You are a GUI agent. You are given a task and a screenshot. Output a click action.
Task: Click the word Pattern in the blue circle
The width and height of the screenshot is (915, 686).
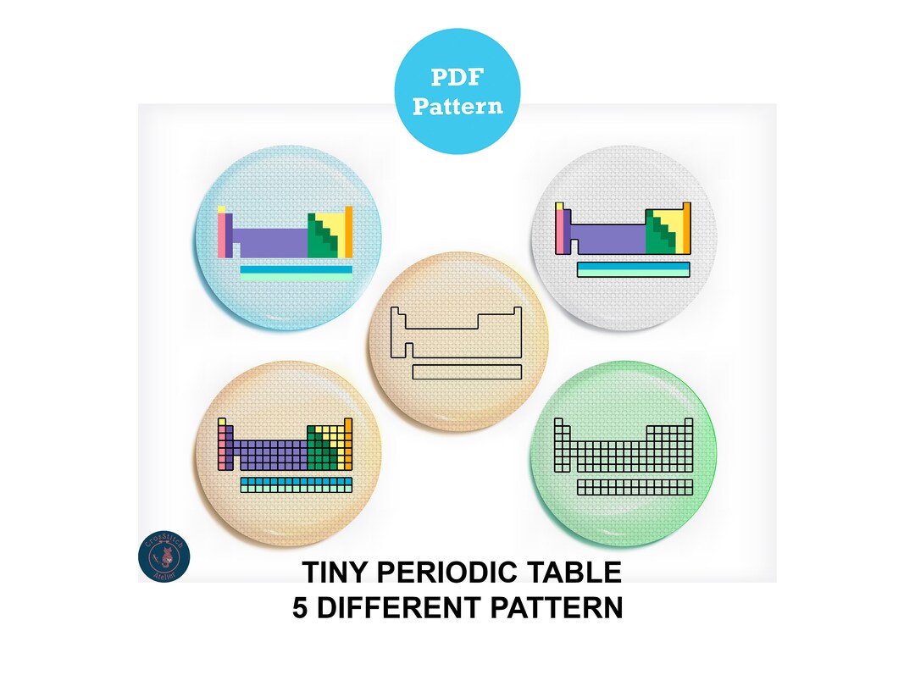click(x=457, y=107)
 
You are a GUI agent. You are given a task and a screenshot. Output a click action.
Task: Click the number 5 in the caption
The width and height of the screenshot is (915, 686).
click(x=301, y=608)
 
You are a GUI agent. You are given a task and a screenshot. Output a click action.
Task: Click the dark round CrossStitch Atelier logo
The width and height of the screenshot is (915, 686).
click(x=164, y=556)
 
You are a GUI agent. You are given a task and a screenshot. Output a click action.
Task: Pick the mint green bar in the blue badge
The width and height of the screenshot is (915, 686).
click(x=297, y=277)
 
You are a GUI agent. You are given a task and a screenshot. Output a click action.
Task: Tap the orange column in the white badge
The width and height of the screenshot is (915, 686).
click(x=687, y=228)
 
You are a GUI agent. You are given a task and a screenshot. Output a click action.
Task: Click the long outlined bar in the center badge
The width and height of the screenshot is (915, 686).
click(x=467, y=371)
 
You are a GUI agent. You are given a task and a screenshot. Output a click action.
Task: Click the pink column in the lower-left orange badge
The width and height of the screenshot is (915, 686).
click(x=222, y=446)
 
